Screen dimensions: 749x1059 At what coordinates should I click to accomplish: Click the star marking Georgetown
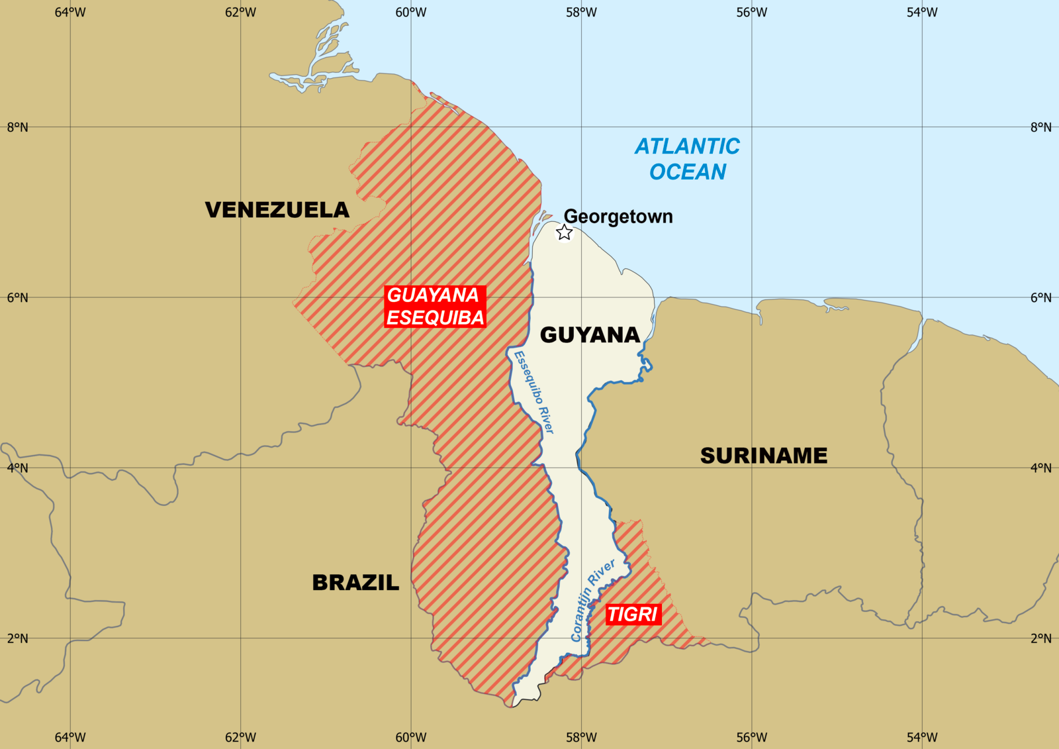click(x=564, y=232)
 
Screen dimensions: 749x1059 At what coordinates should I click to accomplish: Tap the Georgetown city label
click(x=618, y=217)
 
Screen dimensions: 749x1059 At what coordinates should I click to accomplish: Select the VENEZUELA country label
click(x=277, y=210)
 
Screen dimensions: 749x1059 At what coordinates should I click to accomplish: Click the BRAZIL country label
click(x=355, y=583)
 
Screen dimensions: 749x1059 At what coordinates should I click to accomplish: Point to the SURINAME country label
click(x=764, y=456)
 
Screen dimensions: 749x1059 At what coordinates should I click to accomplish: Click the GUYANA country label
click(x=590, y=335)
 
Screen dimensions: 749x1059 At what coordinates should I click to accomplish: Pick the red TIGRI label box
click(x=633, y=615)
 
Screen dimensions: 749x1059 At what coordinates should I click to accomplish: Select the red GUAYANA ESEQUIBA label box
click(x=435, y=307)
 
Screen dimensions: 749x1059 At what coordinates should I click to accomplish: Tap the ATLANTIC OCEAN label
click(x=688, y=159)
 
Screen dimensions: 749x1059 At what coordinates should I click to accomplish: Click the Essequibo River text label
click(x=534, y=392)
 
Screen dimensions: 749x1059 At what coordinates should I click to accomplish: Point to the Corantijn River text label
click(x=593, y=600)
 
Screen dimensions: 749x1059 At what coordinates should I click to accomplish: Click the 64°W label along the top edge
click(x=70, y=12)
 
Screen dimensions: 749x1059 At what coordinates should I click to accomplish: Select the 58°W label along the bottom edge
click(x=581, y=737)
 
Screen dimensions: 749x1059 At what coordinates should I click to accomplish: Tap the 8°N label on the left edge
click(x=18, y=127)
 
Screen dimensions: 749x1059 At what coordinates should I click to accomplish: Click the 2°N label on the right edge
click(x=1040, y=638)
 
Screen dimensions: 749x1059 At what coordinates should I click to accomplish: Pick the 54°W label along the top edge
click(x=922, y=12)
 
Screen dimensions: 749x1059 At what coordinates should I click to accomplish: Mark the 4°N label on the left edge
click(x=18, y=468)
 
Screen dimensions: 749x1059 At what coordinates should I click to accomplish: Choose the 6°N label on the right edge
click(x=1040, y=297)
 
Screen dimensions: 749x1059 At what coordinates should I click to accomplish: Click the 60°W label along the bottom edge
click(x=411, y=737)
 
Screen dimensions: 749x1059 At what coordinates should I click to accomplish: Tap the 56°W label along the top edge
click(x=752, y=12)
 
